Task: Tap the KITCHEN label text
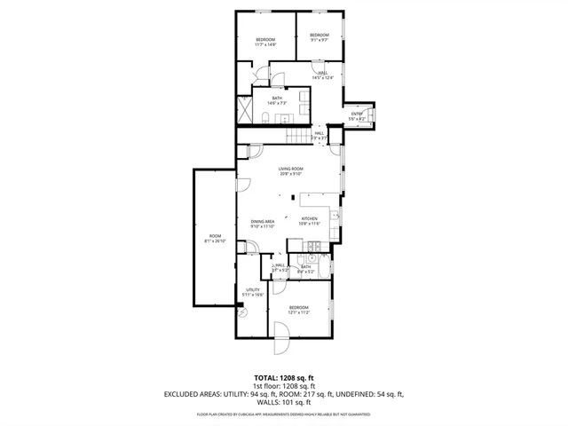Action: (x=309, y=218)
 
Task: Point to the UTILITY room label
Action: (x=252, y=290)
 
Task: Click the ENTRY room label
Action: (x=356, y=114)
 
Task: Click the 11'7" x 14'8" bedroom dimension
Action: (x=265, y=44)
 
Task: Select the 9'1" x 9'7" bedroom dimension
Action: (x=319, y=40)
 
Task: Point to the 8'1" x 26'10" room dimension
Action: (x=215, y=241)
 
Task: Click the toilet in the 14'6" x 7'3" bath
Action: (x=266, y=118)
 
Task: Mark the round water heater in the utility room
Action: (x=241, y=310)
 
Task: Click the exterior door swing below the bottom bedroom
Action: (x=280, y=335)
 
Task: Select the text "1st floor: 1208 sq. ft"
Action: (x=285, y=386)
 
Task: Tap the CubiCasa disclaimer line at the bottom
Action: (x=284, y=414)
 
